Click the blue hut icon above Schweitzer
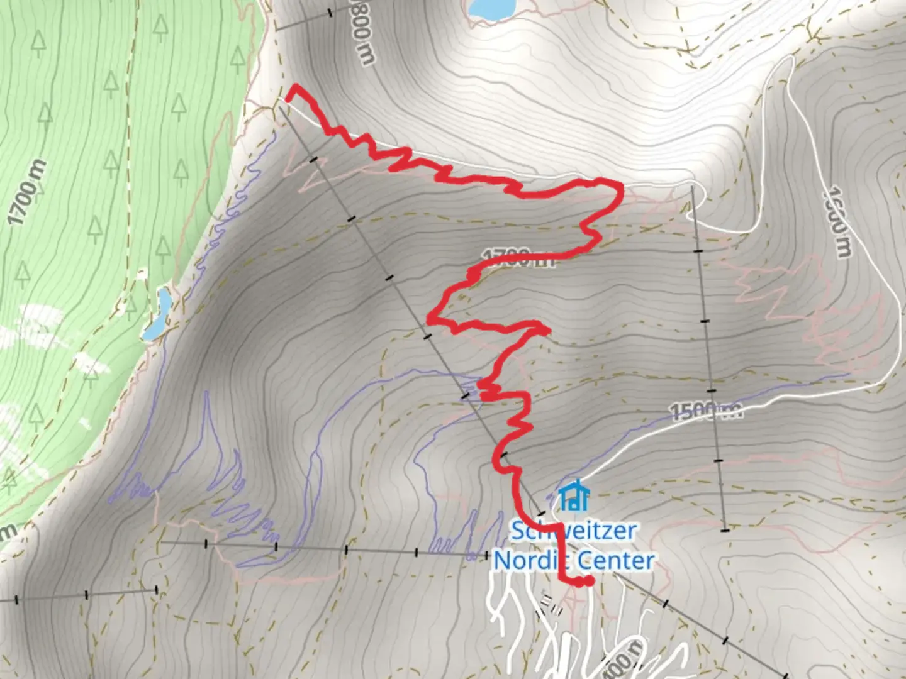[573, 495]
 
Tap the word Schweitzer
[573, 531]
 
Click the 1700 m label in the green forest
[27, 192]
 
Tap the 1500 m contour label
[705, 412]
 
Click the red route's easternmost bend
[620, 189]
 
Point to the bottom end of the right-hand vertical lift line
[725, 529]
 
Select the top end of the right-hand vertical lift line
[692, 187]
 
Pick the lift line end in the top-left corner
[277, 28]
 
